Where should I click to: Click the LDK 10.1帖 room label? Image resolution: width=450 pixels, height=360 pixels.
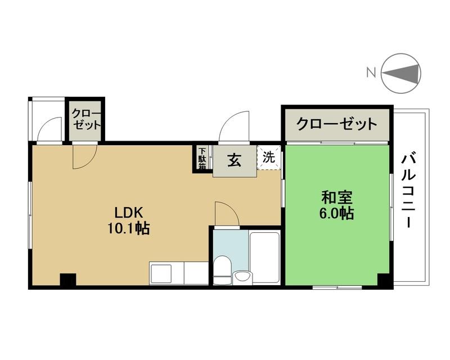pos(128,220)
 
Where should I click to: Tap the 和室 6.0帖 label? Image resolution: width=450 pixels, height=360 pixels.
pos(336,205)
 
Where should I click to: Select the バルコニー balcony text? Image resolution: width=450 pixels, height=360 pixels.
pos(409,191)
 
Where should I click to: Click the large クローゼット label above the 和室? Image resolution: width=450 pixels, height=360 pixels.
pos(336,124)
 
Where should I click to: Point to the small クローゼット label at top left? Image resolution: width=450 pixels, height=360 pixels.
pos(85,119)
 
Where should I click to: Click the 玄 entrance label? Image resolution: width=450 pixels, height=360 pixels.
pos(235,160)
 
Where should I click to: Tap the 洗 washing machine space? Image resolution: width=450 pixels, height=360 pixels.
pos(269,157)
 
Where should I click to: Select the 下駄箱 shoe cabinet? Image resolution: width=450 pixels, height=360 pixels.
pos(202,158)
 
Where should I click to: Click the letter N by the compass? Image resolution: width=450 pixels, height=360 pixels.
pos(371,73)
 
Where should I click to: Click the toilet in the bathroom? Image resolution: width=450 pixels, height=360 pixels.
pos(222,269)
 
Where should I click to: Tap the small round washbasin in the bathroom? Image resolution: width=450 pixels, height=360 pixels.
pos(242,277)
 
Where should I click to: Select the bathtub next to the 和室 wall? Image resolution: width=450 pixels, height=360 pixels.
pos(264,258)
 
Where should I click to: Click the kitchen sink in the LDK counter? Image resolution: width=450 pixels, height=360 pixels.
pos(161,273)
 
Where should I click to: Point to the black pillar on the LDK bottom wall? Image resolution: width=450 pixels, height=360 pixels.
pos(67,280)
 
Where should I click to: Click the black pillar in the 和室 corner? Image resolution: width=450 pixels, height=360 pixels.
pos(385,281)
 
